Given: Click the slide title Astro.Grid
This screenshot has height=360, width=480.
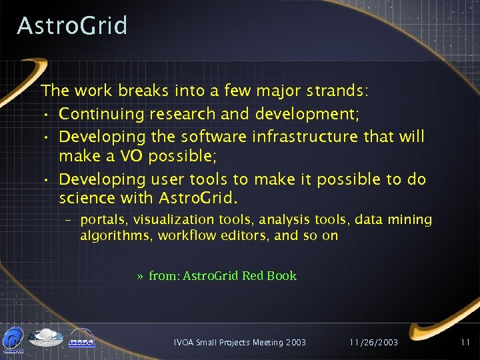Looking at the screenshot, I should click(x=72, y=26).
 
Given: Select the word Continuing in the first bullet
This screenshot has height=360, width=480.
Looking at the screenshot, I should click(x=101, y=115).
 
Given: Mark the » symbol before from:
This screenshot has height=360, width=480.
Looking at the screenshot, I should click(x=139, y=276).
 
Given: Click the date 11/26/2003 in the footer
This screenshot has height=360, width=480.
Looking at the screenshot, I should click(x=373, y=342).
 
